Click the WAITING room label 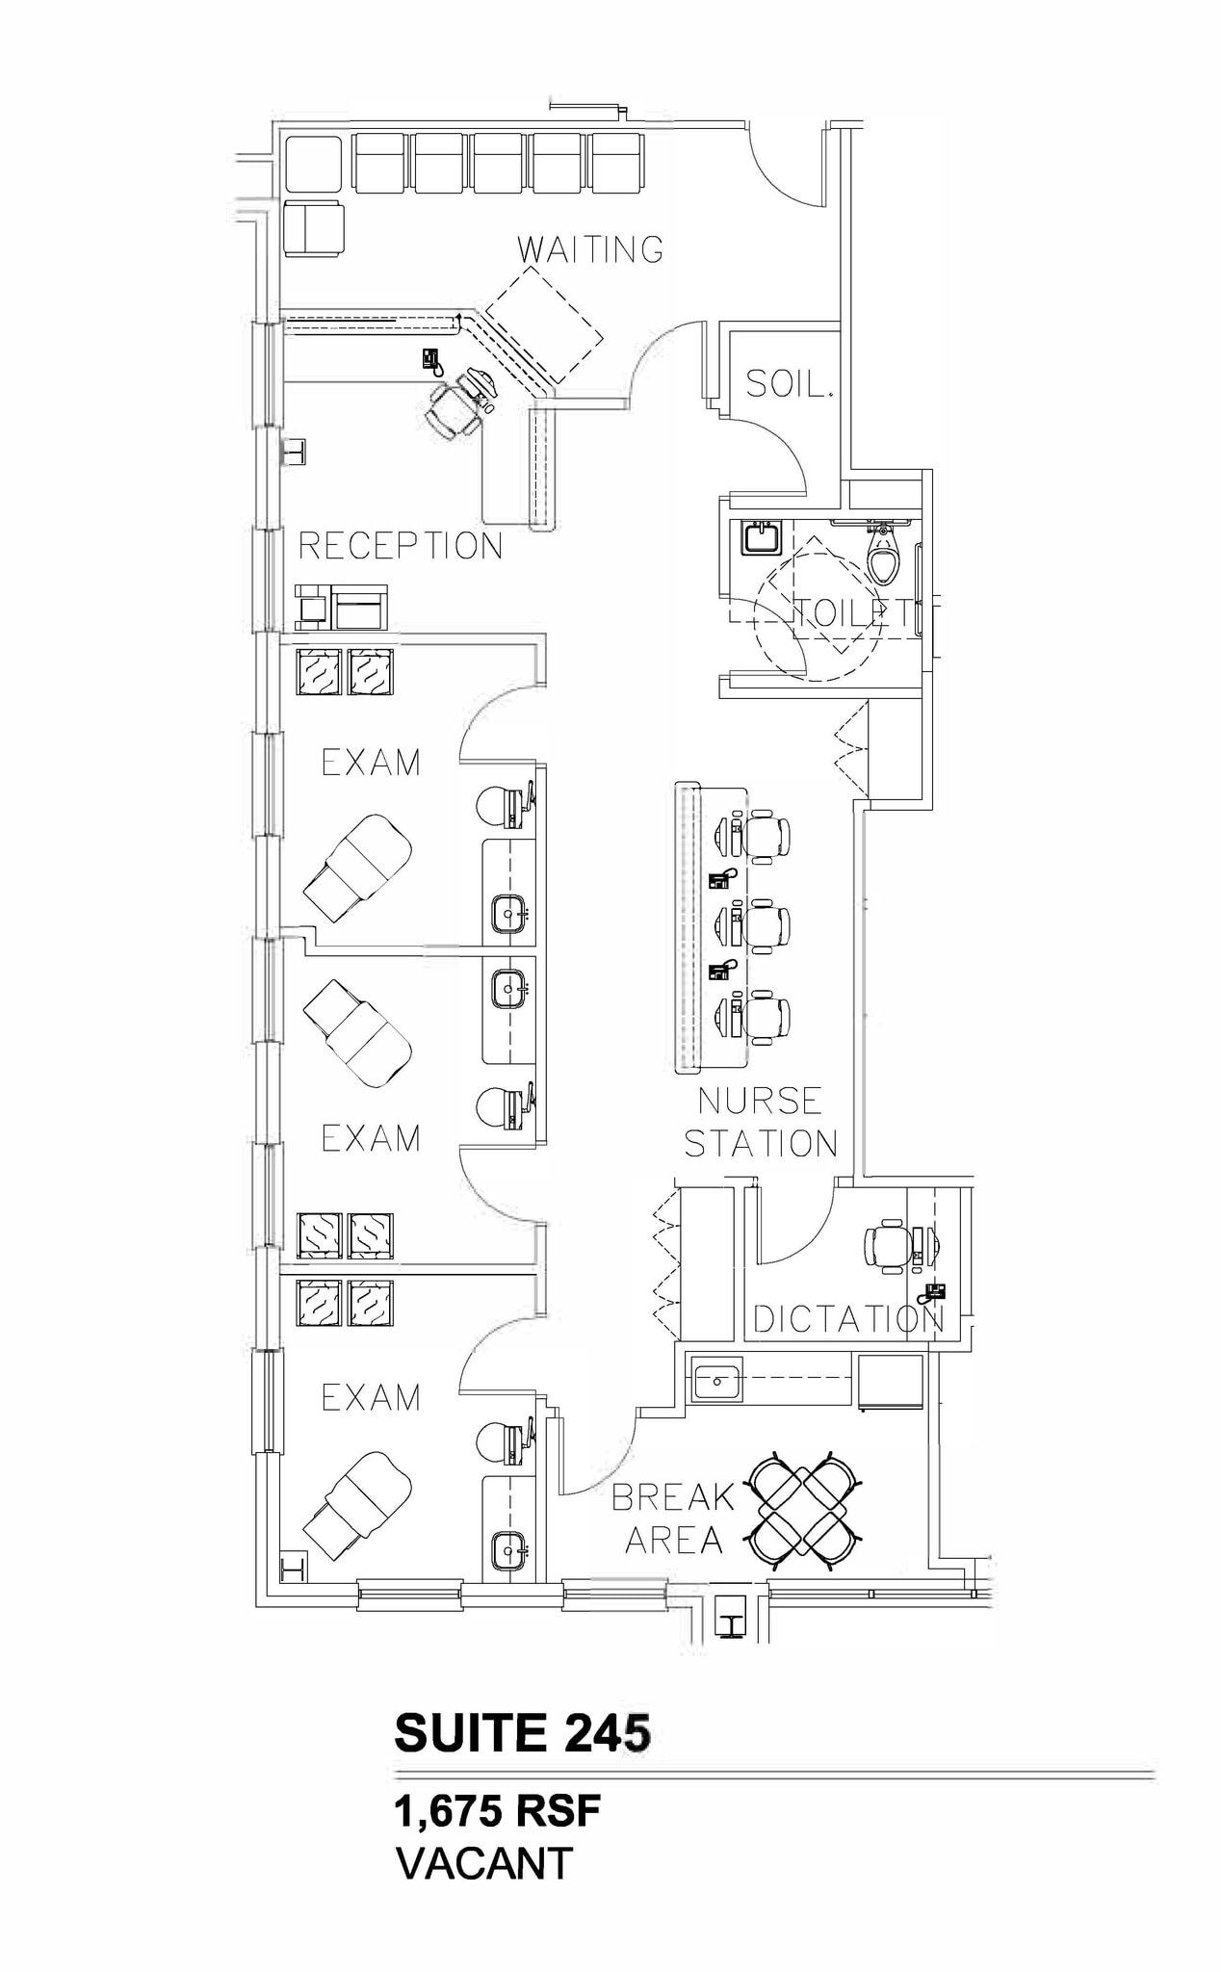tap(590, 249)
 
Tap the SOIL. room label tap(789, 385)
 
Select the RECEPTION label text tap(401, 546)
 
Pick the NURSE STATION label tap(760, 1122)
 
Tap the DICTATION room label tap(848, 1320)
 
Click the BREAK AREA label tap(673, 1518)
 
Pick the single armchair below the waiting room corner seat tap(314, 228)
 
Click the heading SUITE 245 tap(522, 1733)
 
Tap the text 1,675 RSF tap(497, 1812)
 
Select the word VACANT tap(484, 1863)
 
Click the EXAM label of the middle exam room tap(371, 1138)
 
